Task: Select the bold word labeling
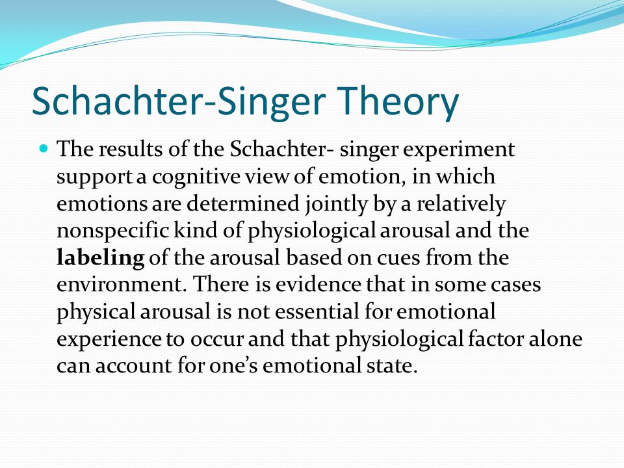[x=100, y=258]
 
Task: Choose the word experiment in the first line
[x=459, y=150]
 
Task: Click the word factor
[x=495, y=339]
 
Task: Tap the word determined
[x=242, y=203]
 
